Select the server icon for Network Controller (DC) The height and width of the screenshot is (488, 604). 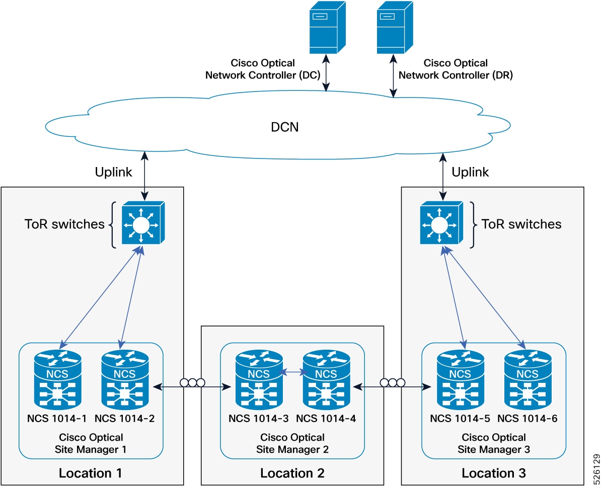coord(328,28)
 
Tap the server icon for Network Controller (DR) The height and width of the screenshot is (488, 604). coord(395,28)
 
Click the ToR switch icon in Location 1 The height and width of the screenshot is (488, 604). coord(141,223)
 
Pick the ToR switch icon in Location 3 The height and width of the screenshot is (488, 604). coord(440,223)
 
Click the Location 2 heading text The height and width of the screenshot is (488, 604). coord(292,473)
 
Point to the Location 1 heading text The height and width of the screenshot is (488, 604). coord(91,473)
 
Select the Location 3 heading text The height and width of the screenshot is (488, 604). coord(494,473)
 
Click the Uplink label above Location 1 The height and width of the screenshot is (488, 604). coord(114,172)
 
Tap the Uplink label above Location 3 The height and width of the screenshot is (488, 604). coord(470,172)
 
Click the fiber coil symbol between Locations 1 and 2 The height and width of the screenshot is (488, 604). coord(192,383)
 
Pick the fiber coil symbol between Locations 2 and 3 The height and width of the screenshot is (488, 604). coord(392,383)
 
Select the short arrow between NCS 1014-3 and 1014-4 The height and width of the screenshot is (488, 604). coord(293,373)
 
